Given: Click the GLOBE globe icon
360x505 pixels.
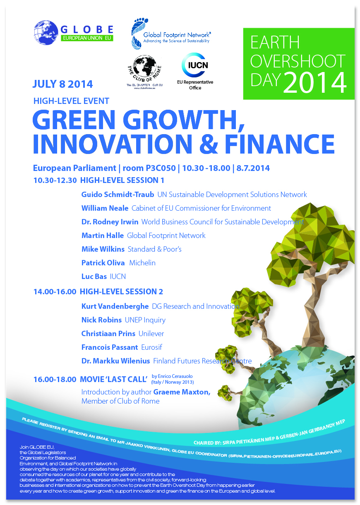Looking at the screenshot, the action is [46, 33].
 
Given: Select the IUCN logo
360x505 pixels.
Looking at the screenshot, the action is [195, 65].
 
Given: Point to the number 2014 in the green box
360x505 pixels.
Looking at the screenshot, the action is [314, 83].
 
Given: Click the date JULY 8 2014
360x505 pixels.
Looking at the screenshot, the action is [62, 84].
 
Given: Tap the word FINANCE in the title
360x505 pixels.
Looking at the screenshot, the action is [280, 144].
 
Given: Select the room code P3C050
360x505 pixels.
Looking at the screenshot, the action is [161, 168].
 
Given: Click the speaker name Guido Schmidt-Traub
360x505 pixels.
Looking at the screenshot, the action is [118, 194].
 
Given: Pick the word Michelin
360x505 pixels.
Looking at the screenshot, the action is [142, 263].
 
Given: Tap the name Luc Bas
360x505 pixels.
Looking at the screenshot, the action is [94, 277].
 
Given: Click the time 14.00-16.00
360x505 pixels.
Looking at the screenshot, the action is [55, 292].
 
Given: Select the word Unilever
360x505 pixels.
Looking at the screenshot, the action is [151, 334].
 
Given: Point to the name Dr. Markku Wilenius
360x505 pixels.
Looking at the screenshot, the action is [115, 361].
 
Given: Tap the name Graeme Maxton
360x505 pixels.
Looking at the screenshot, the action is [182, 392].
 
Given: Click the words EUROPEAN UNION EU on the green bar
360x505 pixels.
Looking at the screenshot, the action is [87, 38].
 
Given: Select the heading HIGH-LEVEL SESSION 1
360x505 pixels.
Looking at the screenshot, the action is [122, 180].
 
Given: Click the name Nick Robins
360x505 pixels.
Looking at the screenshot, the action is [101, 320].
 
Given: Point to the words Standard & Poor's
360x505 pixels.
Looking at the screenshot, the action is [155, 249].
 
